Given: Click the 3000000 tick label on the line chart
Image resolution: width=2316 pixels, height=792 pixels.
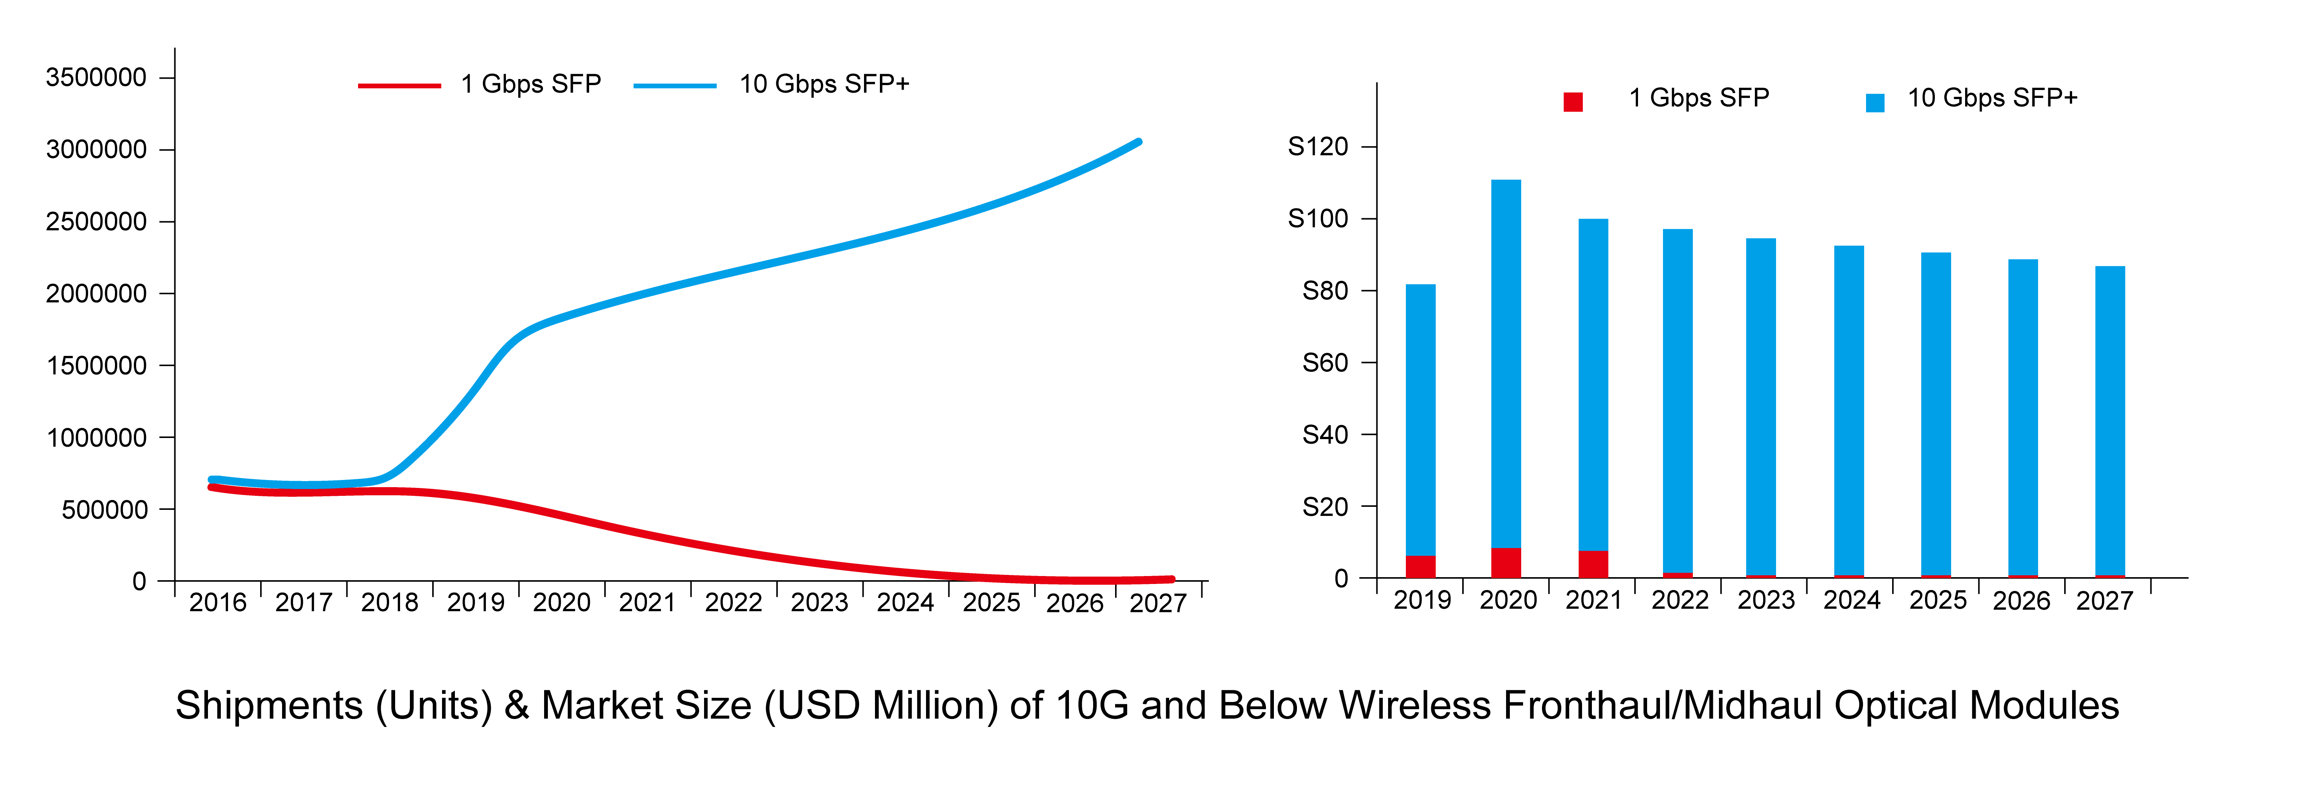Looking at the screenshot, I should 96,149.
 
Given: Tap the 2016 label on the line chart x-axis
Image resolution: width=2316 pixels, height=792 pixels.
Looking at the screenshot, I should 217,602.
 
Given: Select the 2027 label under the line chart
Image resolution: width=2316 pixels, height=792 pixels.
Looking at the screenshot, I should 1158,602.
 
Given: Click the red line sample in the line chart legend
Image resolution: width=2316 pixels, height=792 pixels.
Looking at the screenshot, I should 399,85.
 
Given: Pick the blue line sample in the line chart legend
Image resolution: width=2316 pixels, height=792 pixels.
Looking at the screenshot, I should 674,85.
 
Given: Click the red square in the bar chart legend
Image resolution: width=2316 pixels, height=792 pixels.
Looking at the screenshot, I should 1573,102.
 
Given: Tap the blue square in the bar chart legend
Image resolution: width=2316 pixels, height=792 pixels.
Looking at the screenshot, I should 1875,102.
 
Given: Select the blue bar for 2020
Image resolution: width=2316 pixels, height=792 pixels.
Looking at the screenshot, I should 1506,360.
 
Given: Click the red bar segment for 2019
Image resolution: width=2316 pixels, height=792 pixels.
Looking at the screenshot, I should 1421,566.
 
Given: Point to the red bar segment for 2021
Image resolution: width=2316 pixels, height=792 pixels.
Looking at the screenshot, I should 1593,564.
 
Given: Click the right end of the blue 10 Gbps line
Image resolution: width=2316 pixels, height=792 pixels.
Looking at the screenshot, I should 1138,142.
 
